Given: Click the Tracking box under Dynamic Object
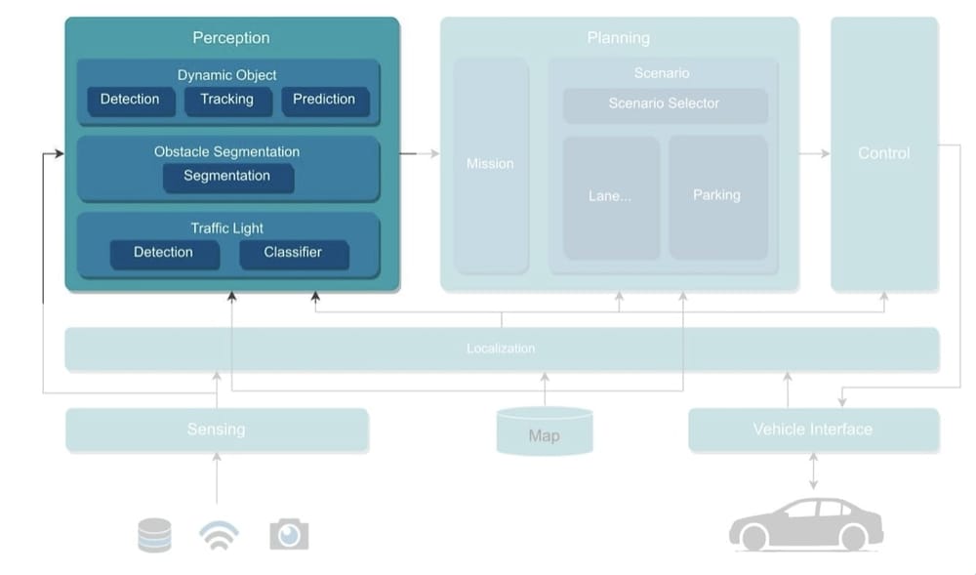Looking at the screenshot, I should click(226, 101).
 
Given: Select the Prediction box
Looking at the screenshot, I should click(324, 101).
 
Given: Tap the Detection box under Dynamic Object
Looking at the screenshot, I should click(130, 101).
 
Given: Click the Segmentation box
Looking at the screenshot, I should click(227, 177).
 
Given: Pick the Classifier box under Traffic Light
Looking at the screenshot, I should click(293, 253).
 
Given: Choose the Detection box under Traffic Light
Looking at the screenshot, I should click(163, 253).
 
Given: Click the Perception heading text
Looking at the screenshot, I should click(231, 38).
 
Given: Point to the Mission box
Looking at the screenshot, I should click(490, 164).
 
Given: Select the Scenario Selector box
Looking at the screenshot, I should click(664, 104).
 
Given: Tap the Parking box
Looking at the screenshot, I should click(716, 196).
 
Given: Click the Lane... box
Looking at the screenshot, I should click(610, 196).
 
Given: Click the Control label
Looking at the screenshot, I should click(883, 153).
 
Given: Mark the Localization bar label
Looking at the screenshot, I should click(501, 349).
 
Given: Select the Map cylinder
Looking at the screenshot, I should click(544, 432).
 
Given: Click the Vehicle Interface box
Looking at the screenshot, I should click(812, 430).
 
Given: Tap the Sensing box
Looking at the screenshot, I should click(216, 430).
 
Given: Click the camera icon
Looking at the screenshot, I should click(289, 534).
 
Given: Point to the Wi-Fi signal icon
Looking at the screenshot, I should click(219, 536).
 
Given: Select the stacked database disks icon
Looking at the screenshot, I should click(154, 535).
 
